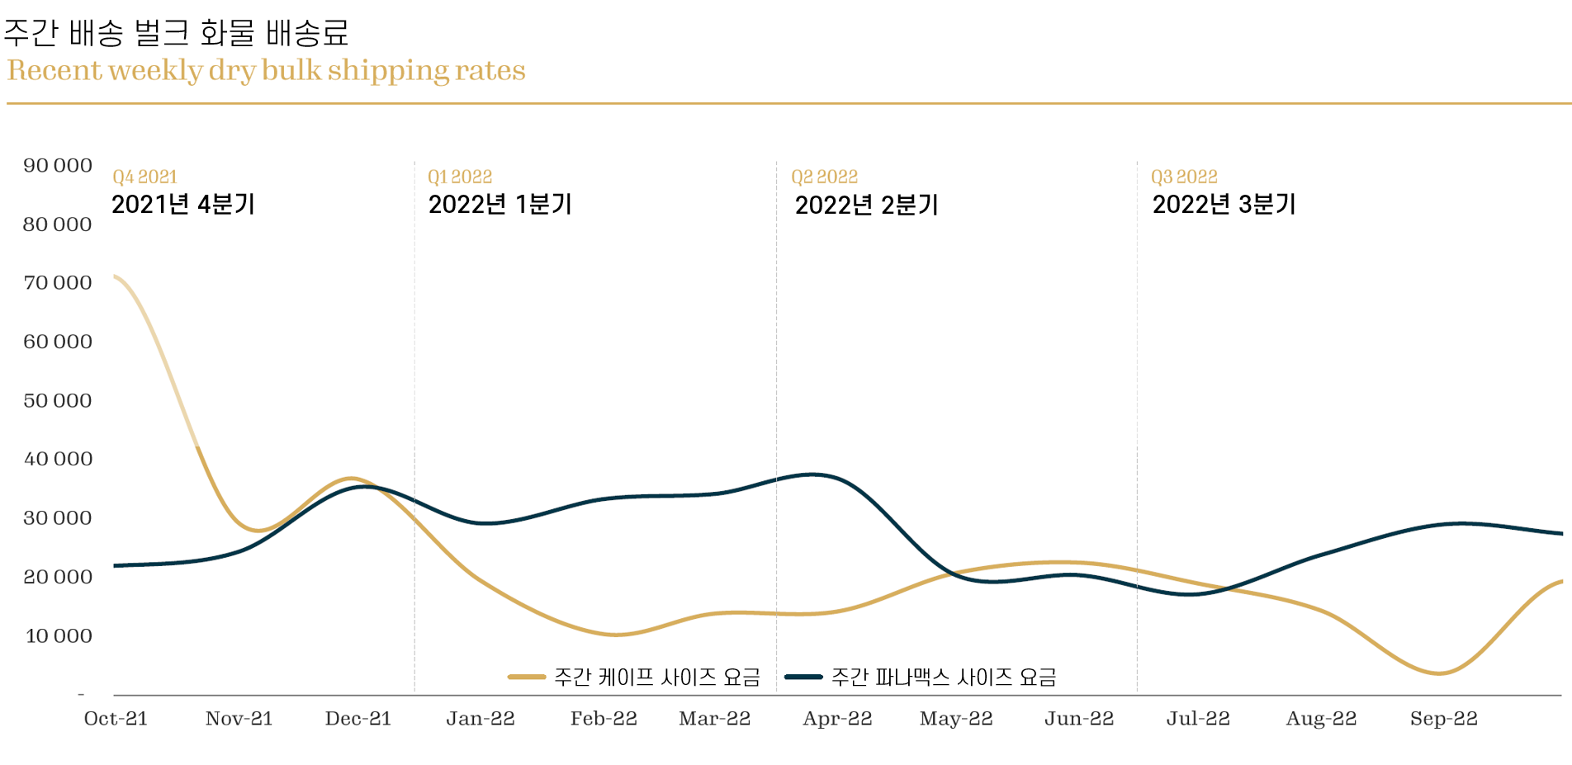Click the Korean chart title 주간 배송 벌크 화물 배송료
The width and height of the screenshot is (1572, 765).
pos(176,33)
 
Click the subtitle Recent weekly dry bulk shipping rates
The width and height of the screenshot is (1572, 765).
pos(266,71)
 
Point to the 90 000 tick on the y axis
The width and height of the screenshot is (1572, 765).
pos(58,166)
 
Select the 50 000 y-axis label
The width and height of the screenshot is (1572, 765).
pos(58,401)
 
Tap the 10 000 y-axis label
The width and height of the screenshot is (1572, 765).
pos(59,636)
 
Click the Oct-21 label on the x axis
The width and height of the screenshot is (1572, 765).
pos(116,719)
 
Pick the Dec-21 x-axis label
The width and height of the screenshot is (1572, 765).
pos(358,719)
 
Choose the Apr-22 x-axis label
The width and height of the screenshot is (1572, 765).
pos(837,719)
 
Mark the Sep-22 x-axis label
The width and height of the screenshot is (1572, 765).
pos(1443,719)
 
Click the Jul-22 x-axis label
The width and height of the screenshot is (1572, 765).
pos(1198,719)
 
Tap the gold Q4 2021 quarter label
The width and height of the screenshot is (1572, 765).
pos(145,177)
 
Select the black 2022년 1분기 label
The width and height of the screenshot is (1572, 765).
pos(500,205)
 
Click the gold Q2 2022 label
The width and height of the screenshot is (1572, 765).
pos(824,177)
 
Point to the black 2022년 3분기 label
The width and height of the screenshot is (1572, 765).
pos(1224,205)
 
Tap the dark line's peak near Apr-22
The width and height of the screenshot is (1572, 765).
pos(813,475)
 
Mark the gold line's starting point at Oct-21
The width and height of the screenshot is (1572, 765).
pos(116,276)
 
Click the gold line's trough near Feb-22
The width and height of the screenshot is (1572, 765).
pos(616,635)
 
